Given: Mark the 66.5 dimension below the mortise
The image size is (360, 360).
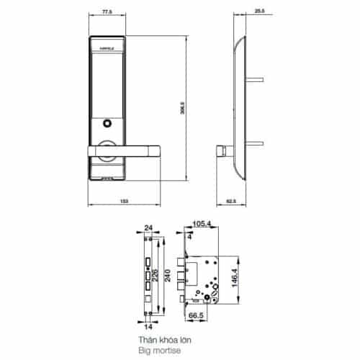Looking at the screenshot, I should (195, 314).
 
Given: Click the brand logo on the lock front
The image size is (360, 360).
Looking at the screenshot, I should (105, 50).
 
